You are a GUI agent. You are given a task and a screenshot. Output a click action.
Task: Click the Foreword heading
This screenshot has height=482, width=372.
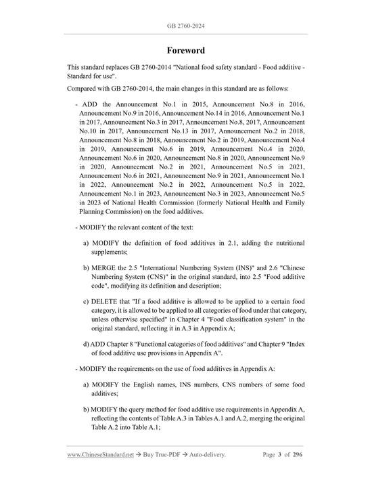tap(186, 51)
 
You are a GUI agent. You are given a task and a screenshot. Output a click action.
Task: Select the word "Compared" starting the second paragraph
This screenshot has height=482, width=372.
tap(86, 89)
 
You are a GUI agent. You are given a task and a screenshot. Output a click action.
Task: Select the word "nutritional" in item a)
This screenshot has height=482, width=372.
tap(282, 242)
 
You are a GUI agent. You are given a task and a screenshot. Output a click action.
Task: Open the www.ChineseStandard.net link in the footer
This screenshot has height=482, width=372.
tap(99, 456)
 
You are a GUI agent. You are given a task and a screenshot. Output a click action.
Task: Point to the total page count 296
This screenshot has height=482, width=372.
tap(297, 456)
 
